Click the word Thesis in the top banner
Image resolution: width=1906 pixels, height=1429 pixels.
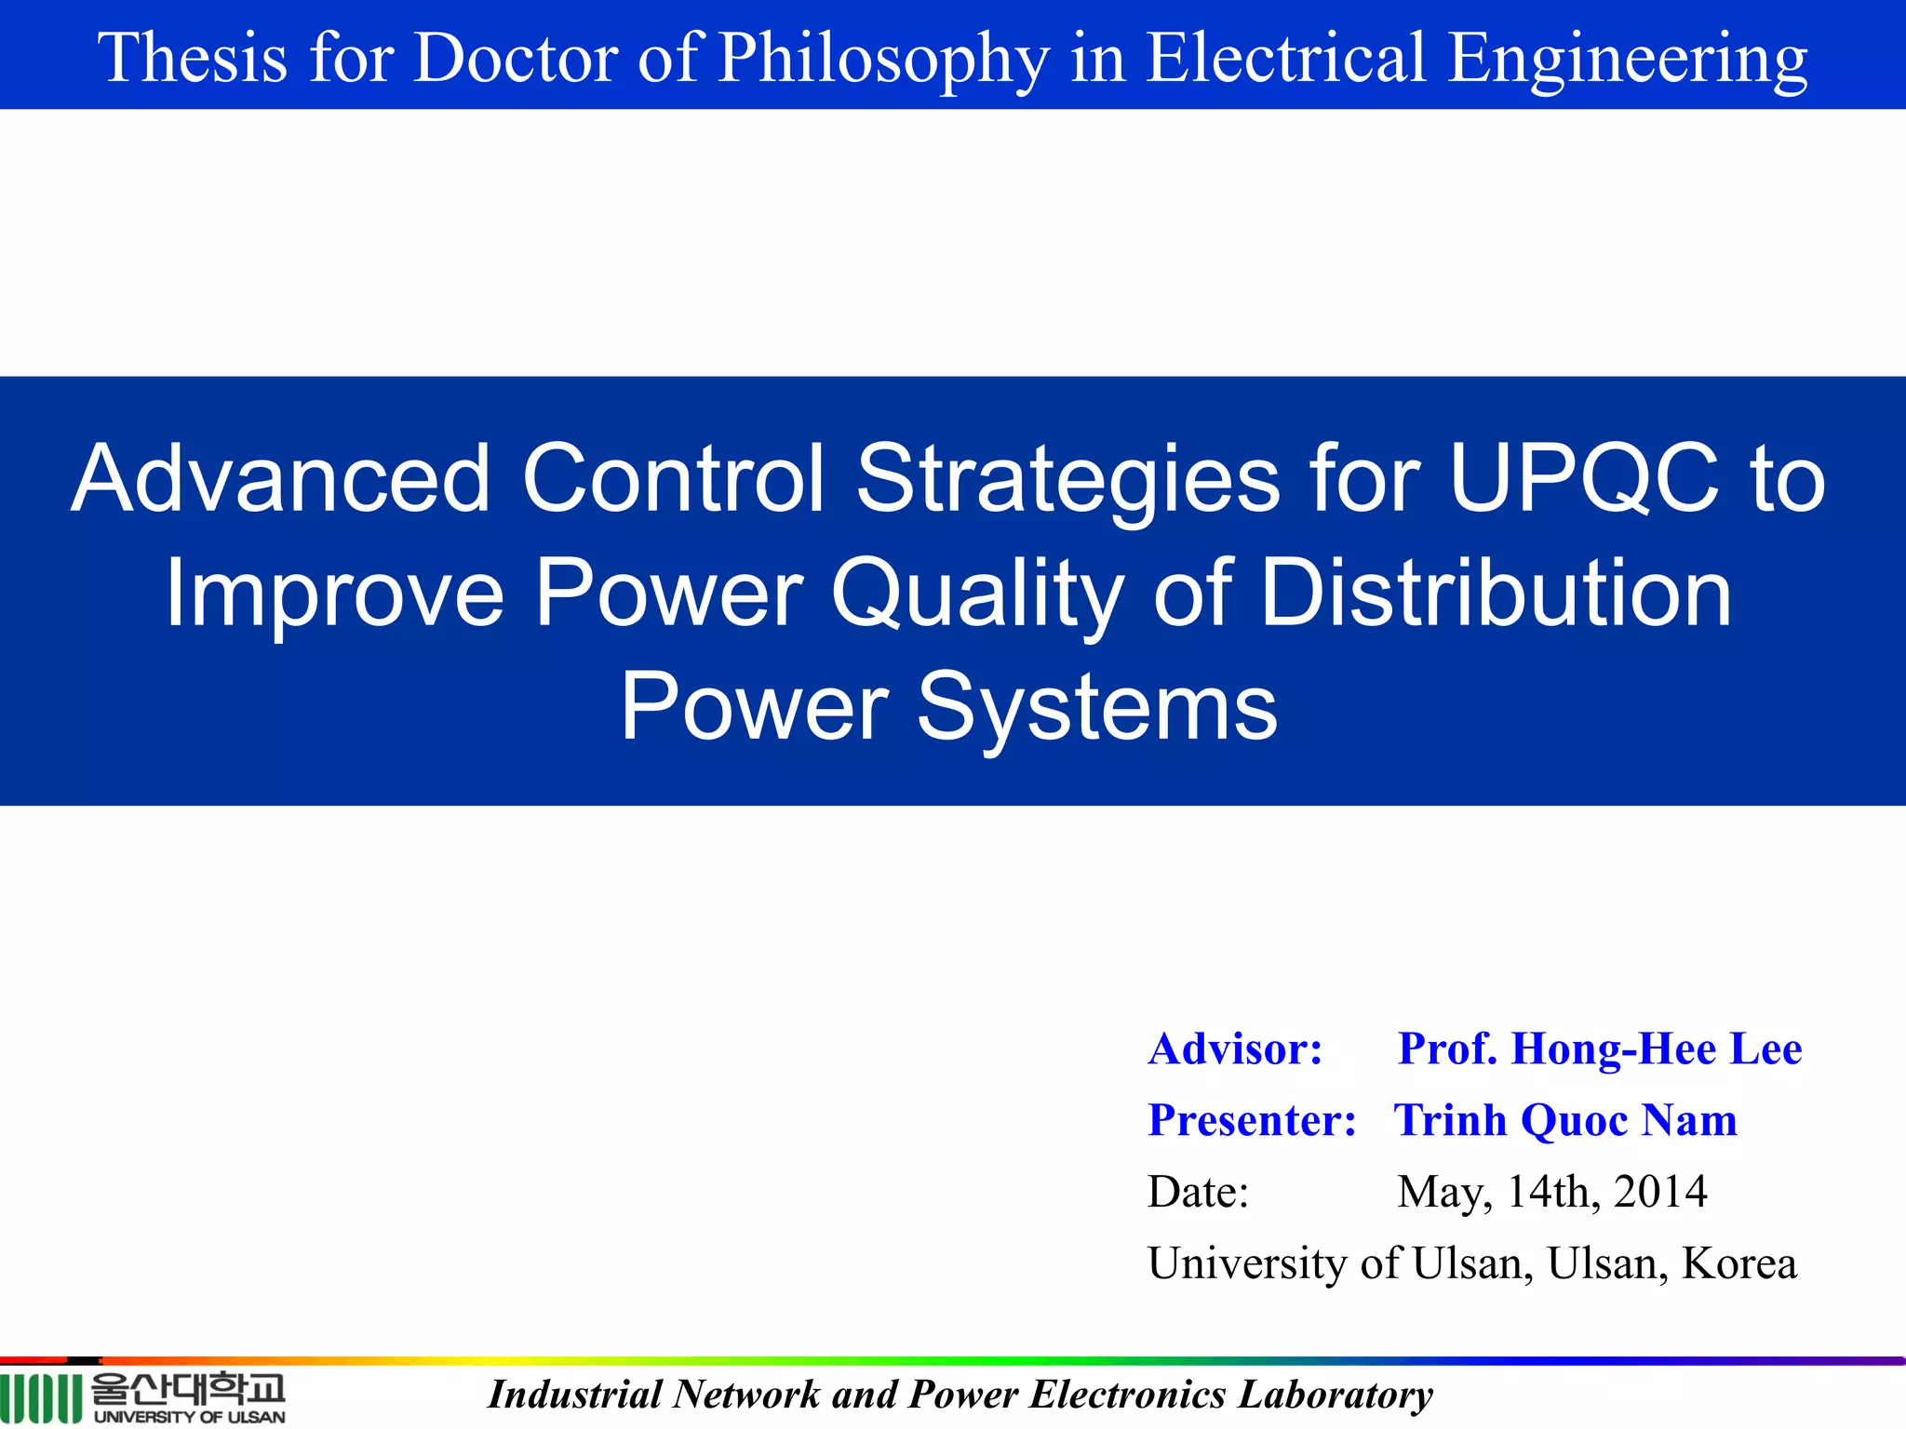tap(193, 58)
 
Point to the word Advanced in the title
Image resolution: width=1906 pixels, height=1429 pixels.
tap(280, 478)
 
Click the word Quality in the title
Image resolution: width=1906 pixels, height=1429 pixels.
tap(976, 594)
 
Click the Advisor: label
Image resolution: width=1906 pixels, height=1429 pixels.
tap(1235, 1049)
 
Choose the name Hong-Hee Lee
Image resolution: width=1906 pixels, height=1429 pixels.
tap(1657, 1049)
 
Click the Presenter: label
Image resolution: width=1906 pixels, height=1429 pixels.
tap(1252, 1120)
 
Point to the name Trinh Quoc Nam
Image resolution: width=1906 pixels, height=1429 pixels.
tap(1565, 1120)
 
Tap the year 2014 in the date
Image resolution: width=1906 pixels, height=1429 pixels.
tap(1660, 1192)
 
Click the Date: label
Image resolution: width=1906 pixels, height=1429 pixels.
tap(1198, 1192)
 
